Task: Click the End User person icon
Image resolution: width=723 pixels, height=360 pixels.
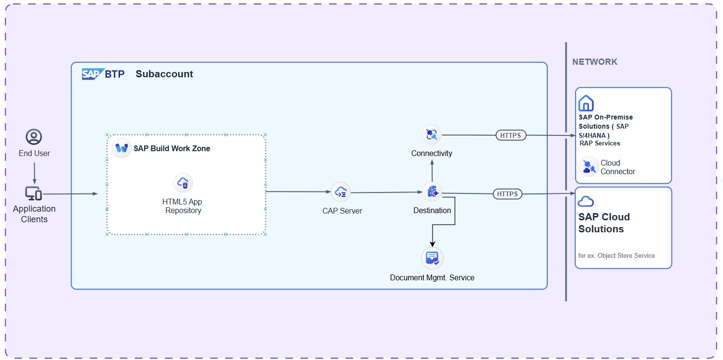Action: point(34,137)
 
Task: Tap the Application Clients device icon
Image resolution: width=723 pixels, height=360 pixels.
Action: point(34,193)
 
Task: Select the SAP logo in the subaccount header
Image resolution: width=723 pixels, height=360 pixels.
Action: point(93,74)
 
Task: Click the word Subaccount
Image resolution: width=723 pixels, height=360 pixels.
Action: point(164,74)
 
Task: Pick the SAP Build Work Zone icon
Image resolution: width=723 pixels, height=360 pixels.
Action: point(121,148)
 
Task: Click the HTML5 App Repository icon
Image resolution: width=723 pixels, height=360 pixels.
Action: point(183,183)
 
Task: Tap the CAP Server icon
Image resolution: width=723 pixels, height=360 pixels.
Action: point(341,192)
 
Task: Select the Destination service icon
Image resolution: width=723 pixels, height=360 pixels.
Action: point(432,192)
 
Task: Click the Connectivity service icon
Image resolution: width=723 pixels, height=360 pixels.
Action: point(432,134)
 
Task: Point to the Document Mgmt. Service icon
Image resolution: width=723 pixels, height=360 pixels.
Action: point(432,258)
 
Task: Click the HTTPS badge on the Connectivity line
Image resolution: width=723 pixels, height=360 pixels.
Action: point(511,135)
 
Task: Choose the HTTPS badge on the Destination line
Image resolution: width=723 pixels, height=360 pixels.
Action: point(507,194)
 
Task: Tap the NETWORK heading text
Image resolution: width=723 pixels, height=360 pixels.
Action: point(594,61)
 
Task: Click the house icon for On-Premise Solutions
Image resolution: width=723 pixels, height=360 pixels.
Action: point(586,103)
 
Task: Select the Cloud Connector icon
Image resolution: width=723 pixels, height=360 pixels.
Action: point(589,167)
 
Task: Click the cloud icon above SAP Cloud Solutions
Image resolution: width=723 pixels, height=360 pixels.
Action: point(586,201)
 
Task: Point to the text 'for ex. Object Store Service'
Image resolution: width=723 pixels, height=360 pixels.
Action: point(616,255)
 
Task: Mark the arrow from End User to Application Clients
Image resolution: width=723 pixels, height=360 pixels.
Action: point(34,174)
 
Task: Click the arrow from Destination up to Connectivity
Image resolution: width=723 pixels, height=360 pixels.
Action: point(432,171)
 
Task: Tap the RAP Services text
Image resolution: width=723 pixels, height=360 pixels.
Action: point(600,143)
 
